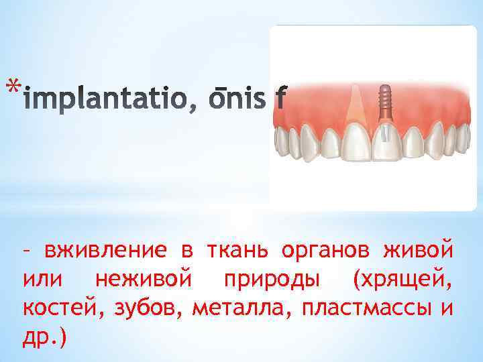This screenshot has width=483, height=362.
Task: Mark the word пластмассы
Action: (368, 309)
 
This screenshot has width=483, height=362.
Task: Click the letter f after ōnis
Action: (280, 101)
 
